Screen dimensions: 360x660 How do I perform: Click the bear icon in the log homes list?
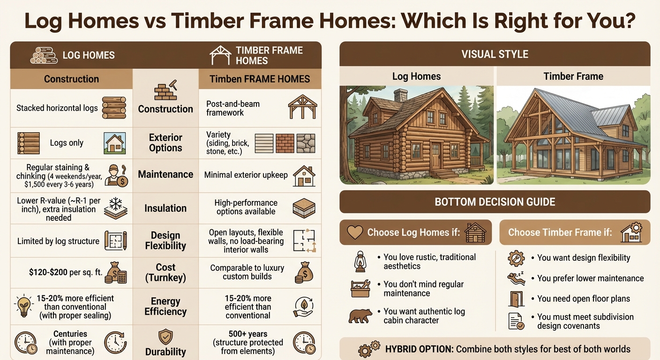360,316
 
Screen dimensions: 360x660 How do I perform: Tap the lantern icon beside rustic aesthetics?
360,262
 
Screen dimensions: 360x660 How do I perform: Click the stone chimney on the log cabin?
401,96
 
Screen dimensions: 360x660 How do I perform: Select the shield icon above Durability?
165,336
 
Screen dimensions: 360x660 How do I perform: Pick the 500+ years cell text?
247,343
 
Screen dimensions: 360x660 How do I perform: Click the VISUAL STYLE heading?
495,54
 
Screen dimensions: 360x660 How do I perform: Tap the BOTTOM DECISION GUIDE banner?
495,202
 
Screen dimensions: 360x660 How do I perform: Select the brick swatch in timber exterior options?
285,143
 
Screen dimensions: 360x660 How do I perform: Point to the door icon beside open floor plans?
516,299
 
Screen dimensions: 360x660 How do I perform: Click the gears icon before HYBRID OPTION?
368,349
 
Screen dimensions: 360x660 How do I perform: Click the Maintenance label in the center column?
165,174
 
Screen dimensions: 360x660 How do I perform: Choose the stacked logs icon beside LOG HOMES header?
44,55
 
